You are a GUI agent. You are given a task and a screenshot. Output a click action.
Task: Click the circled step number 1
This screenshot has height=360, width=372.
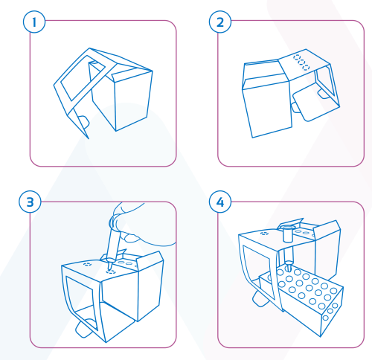34,22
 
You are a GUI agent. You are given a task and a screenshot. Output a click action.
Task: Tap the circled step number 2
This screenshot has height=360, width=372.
220,22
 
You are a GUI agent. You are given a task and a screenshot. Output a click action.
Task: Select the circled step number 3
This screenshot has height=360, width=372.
30,202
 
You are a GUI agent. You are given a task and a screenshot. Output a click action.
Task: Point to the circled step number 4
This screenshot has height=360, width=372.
220,202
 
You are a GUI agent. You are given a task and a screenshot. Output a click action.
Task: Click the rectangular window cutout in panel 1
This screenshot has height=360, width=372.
83,77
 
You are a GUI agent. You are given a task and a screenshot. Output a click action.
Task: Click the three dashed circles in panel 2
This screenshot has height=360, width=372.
301,62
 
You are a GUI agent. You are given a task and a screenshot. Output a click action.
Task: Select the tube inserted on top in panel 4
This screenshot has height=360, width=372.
288,233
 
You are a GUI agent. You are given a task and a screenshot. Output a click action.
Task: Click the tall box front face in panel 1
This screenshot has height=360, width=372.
132,101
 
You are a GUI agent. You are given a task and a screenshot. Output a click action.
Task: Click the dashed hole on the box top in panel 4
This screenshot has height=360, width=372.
264,234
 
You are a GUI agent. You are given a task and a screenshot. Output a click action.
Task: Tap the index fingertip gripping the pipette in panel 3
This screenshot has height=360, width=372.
129,237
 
